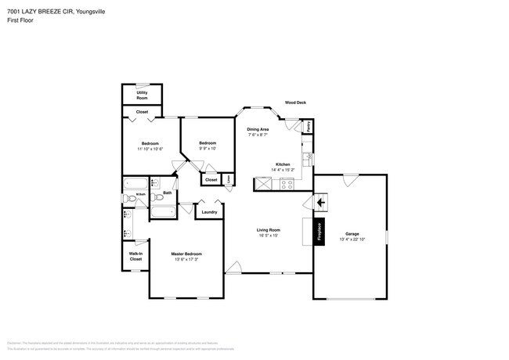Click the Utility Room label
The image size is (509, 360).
(x=142, y=95)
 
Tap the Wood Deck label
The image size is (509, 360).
(x=295, y=103)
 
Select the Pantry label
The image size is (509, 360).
(x=309, y=124)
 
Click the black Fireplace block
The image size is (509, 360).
(x=319, y=232)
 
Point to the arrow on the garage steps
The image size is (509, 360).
(x=319, y=203)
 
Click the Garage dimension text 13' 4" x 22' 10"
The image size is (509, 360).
(x=352, y=239)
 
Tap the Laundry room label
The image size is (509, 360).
(x=209, y=212)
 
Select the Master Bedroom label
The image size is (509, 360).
(x=186, y=254)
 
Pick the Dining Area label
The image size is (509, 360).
(x=258, y=129)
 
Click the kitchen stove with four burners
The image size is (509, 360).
(x=287, y=185)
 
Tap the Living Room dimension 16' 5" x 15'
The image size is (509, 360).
(x=269, y=235)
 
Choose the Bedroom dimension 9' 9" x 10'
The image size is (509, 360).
(x=207, y=148)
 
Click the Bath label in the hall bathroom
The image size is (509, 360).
(x=167, y=193)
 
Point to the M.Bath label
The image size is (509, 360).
(x=142, y=195)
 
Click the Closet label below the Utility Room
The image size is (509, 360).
(x=142, y=112)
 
